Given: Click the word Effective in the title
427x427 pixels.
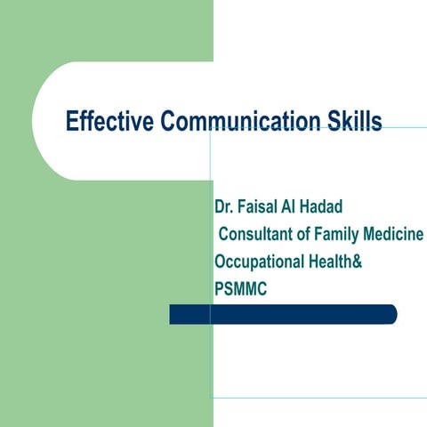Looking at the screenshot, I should coord(109,121).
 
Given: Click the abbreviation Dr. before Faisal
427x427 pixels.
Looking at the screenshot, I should coord(223,208).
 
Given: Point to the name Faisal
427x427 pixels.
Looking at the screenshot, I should coord(261,208).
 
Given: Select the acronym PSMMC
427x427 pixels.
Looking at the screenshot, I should coord(240,289).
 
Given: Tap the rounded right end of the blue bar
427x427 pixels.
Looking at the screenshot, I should coord(391,314).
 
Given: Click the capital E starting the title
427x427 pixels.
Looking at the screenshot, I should coord(73,121).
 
